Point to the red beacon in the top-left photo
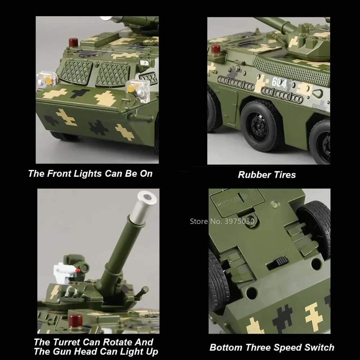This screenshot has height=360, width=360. [73, 42]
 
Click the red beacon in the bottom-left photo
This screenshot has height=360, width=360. [76, 320]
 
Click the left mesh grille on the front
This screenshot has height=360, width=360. [76, 72]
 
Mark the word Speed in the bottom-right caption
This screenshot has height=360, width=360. [284, 347]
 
